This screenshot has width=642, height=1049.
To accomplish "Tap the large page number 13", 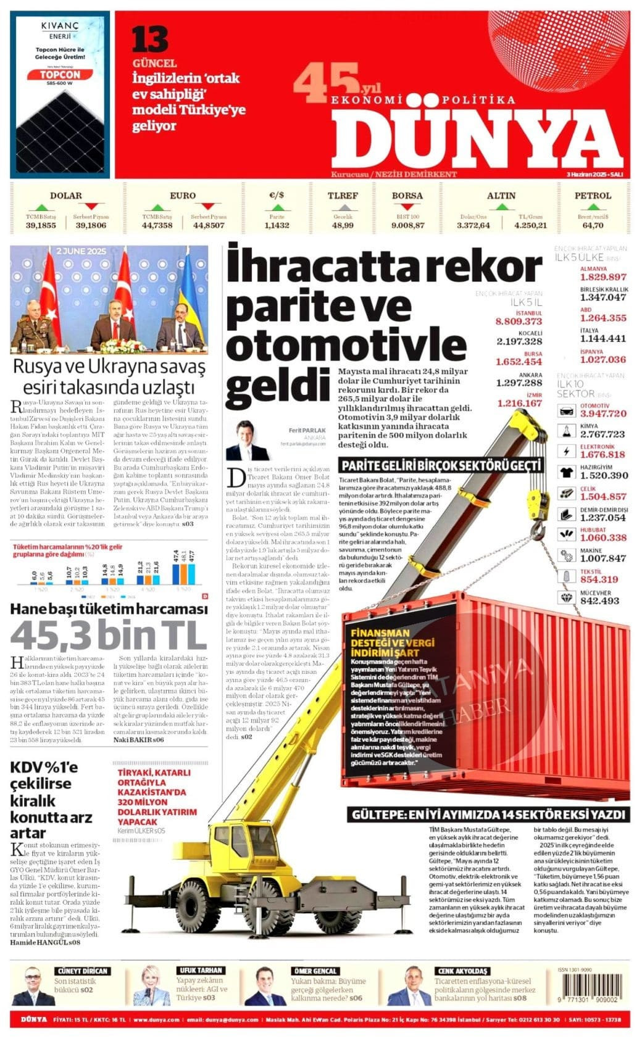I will [x=149, y=40].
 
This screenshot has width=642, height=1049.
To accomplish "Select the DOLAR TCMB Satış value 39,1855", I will [x=41, y=225].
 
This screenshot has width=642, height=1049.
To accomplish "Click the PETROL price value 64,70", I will [x=593, y=225].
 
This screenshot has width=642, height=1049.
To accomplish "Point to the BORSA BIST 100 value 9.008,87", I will [x=407, y=225].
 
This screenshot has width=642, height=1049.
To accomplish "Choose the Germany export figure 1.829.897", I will [x=602, y=277].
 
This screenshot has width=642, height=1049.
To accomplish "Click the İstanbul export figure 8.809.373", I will [x=519, y=321].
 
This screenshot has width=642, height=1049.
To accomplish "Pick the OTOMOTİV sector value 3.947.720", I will [x=603, y=413].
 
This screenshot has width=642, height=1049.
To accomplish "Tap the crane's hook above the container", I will [x=538, y=528].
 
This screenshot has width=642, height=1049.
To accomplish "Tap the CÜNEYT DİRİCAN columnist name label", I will [x=82, y=971].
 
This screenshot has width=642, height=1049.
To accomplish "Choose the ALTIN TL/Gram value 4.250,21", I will [x=532, y=225].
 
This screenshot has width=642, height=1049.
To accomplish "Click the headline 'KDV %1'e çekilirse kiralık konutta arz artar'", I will [x=51, y=800].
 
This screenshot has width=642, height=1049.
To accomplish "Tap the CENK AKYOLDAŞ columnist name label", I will [x=462, y=971].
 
